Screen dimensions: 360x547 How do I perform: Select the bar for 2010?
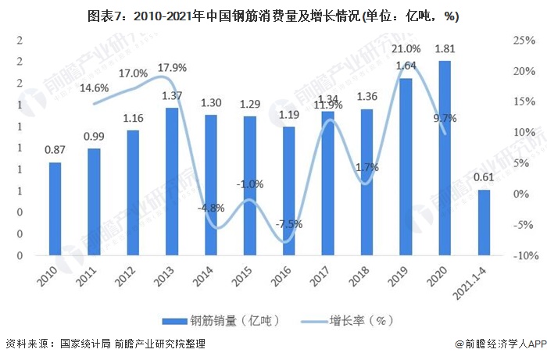click(x=55, y=209)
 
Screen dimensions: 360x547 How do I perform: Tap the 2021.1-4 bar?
click(x=484, y=223)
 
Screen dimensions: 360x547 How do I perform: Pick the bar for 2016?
click(x=288, y=191)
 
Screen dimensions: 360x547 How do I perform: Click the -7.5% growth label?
click(x=288, y=224)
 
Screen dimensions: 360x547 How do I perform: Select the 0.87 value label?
click(x=55, y=150)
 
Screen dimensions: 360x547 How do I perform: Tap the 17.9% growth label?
click(x=171, y=68)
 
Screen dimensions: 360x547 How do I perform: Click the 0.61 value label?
click(x=484, y=177)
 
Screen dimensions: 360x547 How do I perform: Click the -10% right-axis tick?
click(x=521, y=255)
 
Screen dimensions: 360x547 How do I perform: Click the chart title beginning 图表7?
click(x=273, y=16)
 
